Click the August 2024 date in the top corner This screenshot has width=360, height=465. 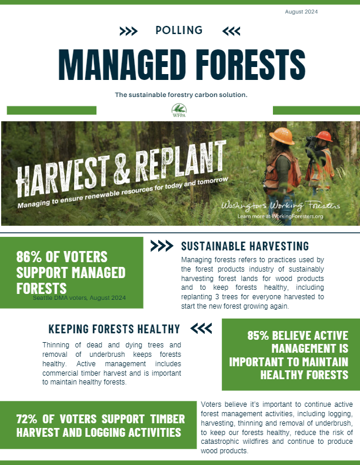point(301,12)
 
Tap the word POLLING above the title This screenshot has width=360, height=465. point(179,30)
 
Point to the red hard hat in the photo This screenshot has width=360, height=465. point(324,136)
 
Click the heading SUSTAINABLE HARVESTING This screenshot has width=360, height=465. point(245,246)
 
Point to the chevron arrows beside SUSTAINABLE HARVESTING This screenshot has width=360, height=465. point(162,246)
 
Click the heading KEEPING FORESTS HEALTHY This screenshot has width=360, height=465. point(114,329)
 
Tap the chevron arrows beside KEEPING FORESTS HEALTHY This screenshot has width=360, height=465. point(201,328)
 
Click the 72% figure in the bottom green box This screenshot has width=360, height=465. point(31,419)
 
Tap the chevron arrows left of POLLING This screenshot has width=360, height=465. point(128,31)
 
